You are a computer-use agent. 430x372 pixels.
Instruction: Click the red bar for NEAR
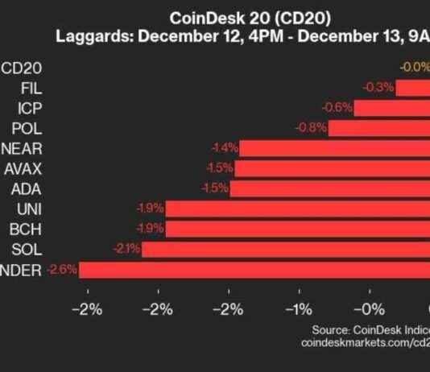334,148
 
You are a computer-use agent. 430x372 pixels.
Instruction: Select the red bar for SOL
286,249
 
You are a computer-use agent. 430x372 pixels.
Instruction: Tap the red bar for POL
378,128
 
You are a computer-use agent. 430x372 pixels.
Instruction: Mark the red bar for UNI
298,209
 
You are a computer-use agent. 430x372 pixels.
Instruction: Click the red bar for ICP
391,108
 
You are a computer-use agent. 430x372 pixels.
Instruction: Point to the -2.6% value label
61,270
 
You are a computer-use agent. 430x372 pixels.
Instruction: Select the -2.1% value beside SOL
126,249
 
